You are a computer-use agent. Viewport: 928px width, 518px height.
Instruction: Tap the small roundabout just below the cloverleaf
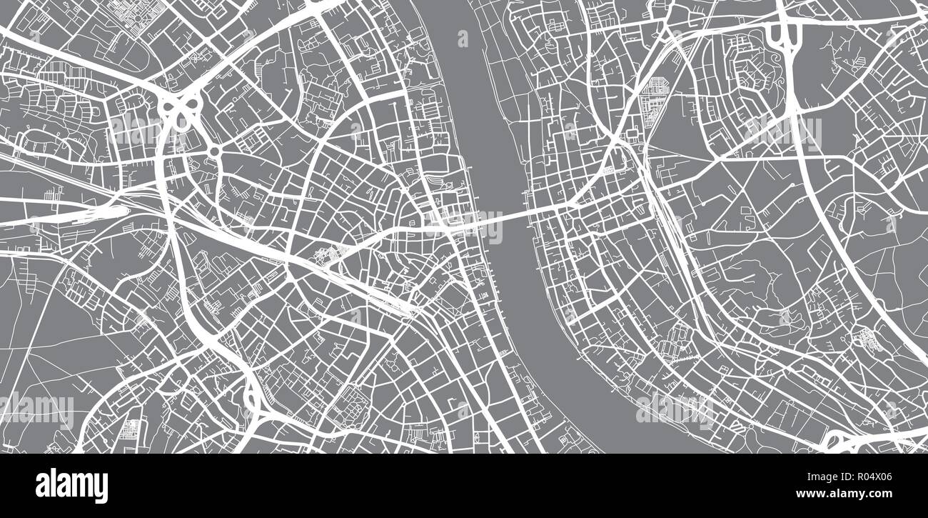pyautogui.click(x=214, y=151)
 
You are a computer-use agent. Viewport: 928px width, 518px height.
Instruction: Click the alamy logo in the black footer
pyautogui.click(x=71, y=486)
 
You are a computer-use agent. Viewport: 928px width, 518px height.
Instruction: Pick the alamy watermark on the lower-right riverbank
pyautogui.click(x=674, y=409)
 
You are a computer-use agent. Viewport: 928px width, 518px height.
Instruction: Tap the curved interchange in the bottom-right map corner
pyautogui.click(x=842, y=439)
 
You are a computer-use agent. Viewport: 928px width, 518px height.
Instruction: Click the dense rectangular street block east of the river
pyautogui.click(x=653, y=97)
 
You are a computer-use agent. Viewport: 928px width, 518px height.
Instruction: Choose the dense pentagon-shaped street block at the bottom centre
pyautogui.click(x=351, y=404)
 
